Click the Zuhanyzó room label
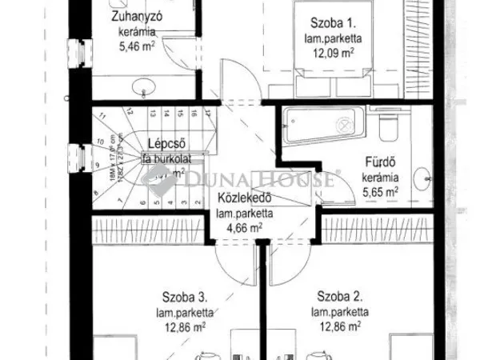[134, 16]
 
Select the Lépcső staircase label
[163, 144]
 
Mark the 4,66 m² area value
[246, 228]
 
